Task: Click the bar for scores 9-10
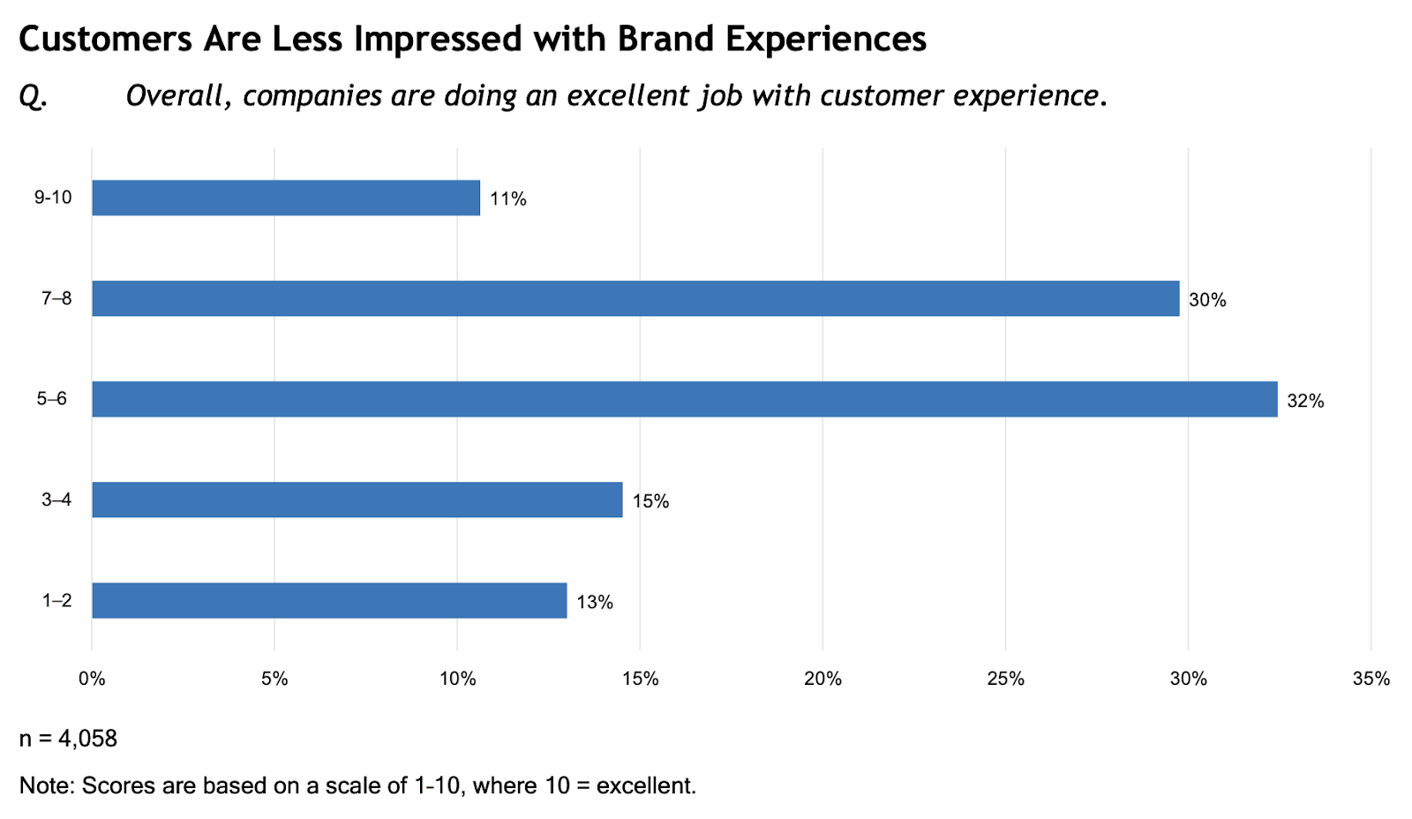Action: [x=286, y=198]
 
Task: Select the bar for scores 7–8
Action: [x=635, y=298]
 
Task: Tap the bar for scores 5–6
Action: [x=684, y=399]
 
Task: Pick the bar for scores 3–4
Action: [x=357, y=500]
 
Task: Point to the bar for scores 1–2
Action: [x=329, y=600]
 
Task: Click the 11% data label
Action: [x=508, y=199]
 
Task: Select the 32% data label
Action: [x=1305, y=402]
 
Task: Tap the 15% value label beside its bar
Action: [x=650, y=502]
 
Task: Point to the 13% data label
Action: [x=595, y=603]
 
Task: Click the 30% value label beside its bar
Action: [x=1207, y=301]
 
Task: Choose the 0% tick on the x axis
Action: [x=92, y=679]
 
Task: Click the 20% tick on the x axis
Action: [x=822, y=679]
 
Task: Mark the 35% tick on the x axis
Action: [x=1371, y=679]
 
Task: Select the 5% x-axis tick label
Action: [x=274, y=679]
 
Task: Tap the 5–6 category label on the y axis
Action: [x=52, y=399]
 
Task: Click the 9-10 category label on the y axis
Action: [x=53, y=198]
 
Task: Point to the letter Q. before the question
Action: [x=33, y=96]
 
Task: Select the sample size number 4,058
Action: [x=87, y=739]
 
